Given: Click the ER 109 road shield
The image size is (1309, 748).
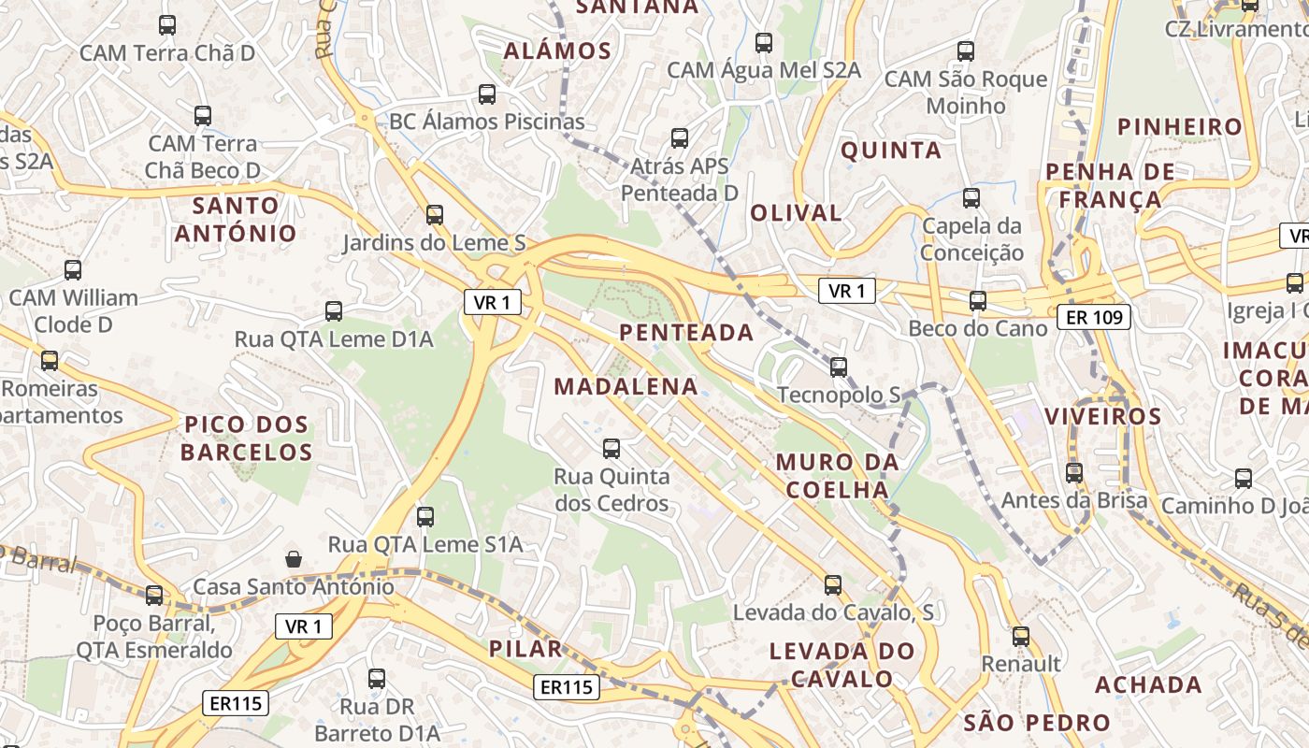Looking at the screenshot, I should [x=1094, y=317].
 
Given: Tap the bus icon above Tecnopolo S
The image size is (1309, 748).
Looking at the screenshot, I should [x=839, y=367].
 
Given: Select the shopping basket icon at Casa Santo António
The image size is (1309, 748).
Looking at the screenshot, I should [x=294, y=559].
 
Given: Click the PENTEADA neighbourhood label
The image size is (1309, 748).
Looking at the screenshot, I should [x=686, y=332].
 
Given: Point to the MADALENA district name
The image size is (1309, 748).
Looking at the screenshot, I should [x=626, y=386].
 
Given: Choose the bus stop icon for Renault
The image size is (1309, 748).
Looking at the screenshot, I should [x=1020, y=636].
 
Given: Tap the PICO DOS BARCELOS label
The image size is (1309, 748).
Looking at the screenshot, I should [x=246, y=439].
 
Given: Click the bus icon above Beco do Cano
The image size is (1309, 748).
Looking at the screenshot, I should [x=977, y=300].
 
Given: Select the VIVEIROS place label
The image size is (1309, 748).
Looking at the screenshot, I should [x=1102, y=416].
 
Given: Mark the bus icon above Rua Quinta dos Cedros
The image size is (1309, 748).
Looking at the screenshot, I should [x=611, y=449].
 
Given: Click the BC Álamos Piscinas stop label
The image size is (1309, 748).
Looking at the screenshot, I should [x=486, y=121].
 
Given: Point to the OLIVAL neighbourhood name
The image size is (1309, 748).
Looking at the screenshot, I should [x=796, y=212].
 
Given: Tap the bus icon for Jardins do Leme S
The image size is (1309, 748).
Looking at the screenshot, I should [x=434, y=215].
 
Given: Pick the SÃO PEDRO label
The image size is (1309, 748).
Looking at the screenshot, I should [x=1036, y=723].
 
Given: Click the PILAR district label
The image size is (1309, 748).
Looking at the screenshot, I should [x=525, y=649].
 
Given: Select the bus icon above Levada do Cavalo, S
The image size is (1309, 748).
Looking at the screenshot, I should [x=832, y=585].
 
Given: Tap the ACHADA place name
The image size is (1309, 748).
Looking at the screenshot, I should [x=1148, y=684].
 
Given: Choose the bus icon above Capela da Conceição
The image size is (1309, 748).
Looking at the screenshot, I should [x=971, y=198].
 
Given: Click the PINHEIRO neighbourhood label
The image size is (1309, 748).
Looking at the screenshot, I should [x=1180, y=126].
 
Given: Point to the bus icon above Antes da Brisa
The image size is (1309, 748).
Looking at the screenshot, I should [x=1073, y=473].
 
